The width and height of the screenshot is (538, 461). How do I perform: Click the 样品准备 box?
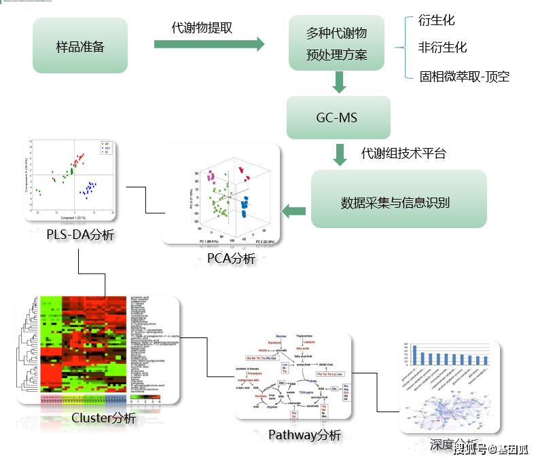click(x=80, y=46)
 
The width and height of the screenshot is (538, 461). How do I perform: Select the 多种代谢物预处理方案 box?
click(x=337, y=44)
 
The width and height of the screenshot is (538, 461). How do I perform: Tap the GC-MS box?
click(x=338, y=117)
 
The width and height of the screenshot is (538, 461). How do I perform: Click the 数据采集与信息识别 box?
click(x=399, y=201)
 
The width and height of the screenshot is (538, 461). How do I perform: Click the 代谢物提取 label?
click(x=202, y=28)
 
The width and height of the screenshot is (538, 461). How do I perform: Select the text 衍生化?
click(x=437, y=20)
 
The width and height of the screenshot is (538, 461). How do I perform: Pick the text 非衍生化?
click(x=443, y=48)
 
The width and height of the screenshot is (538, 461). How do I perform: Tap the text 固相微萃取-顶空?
click(x=464, y=76)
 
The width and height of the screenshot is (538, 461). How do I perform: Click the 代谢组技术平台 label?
click(x=403, y=153)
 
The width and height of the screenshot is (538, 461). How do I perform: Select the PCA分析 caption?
click(x=231, y=258)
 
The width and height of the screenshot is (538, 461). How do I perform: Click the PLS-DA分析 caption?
click(x=80, y=236)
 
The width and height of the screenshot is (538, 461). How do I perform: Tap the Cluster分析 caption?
click(x=103, y=418)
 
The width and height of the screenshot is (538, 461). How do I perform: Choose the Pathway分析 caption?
click(x=304, y=435)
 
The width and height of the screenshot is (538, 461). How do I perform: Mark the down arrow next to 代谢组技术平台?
click(x=340, y=154)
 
